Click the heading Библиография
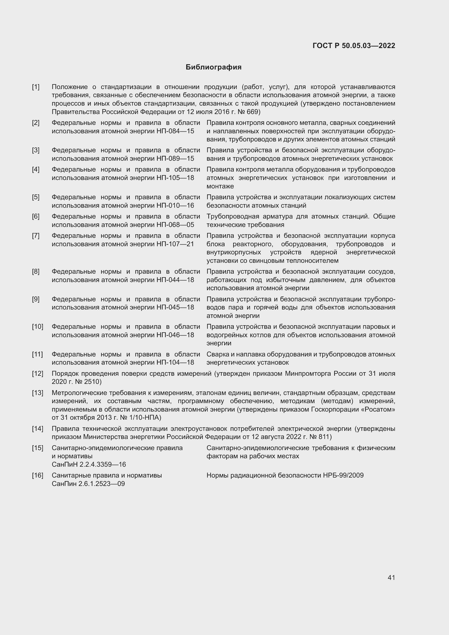[213, 67]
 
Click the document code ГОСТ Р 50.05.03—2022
[354, 46]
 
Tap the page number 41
[391, 577]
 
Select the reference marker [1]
[36, 87]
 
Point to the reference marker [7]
[36, 236]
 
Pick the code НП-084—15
[175, 131]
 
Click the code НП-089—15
[175, 159]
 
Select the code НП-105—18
[175, 178]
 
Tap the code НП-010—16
[175, 206]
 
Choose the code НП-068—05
[175, 225]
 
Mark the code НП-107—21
[175, 244]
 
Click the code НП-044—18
[175, 280]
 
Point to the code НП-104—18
[175, 362]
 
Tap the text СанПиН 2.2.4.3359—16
[89, 464]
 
